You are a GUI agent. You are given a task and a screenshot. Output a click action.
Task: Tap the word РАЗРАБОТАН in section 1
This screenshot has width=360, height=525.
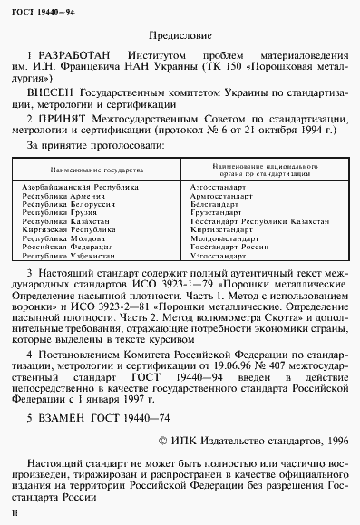click(71, 55)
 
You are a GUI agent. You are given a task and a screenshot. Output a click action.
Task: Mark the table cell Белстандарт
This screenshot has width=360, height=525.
click(213, 203)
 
